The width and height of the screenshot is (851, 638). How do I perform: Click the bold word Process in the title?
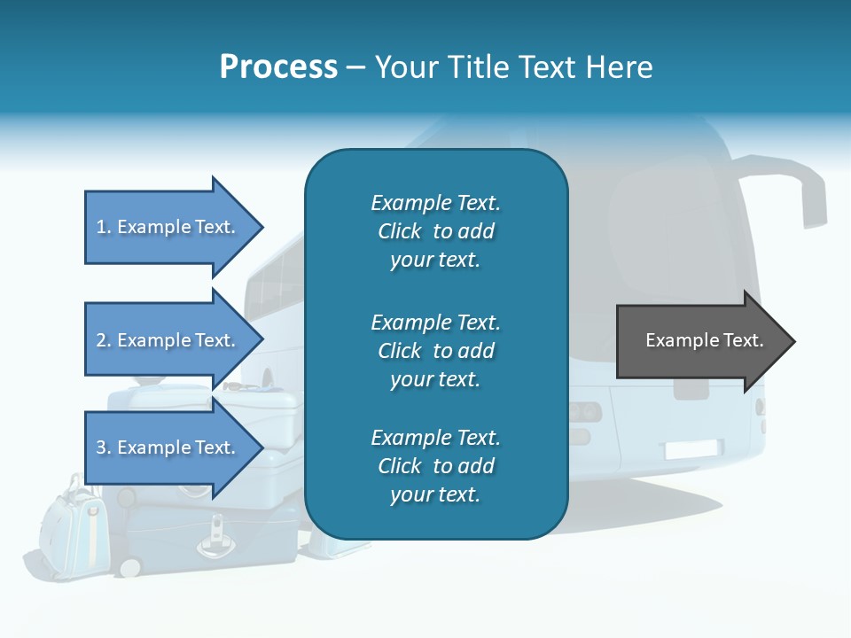(x=278, y=67)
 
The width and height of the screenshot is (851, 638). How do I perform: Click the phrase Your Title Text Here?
(x=513, y=67)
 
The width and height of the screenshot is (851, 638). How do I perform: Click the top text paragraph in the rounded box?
(x=435, y=231)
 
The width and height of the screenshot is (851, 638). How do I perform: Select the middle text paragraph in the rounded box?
(x=435, y=351)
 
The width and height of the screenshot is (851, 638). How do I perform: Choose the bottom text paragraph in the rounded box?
(x=435, y=466)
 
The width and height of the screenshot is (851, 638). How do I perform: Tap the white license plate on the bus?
(x=694, y=449)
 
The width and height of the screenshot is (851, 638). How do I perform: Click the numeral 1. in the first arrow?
(x=104, y=227)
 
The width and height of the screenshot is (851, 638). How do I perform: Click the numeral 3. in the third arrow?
(x=104, y=447)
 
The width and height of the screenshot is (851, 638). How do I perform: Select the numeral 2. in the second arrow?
(x=104, y=340)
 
